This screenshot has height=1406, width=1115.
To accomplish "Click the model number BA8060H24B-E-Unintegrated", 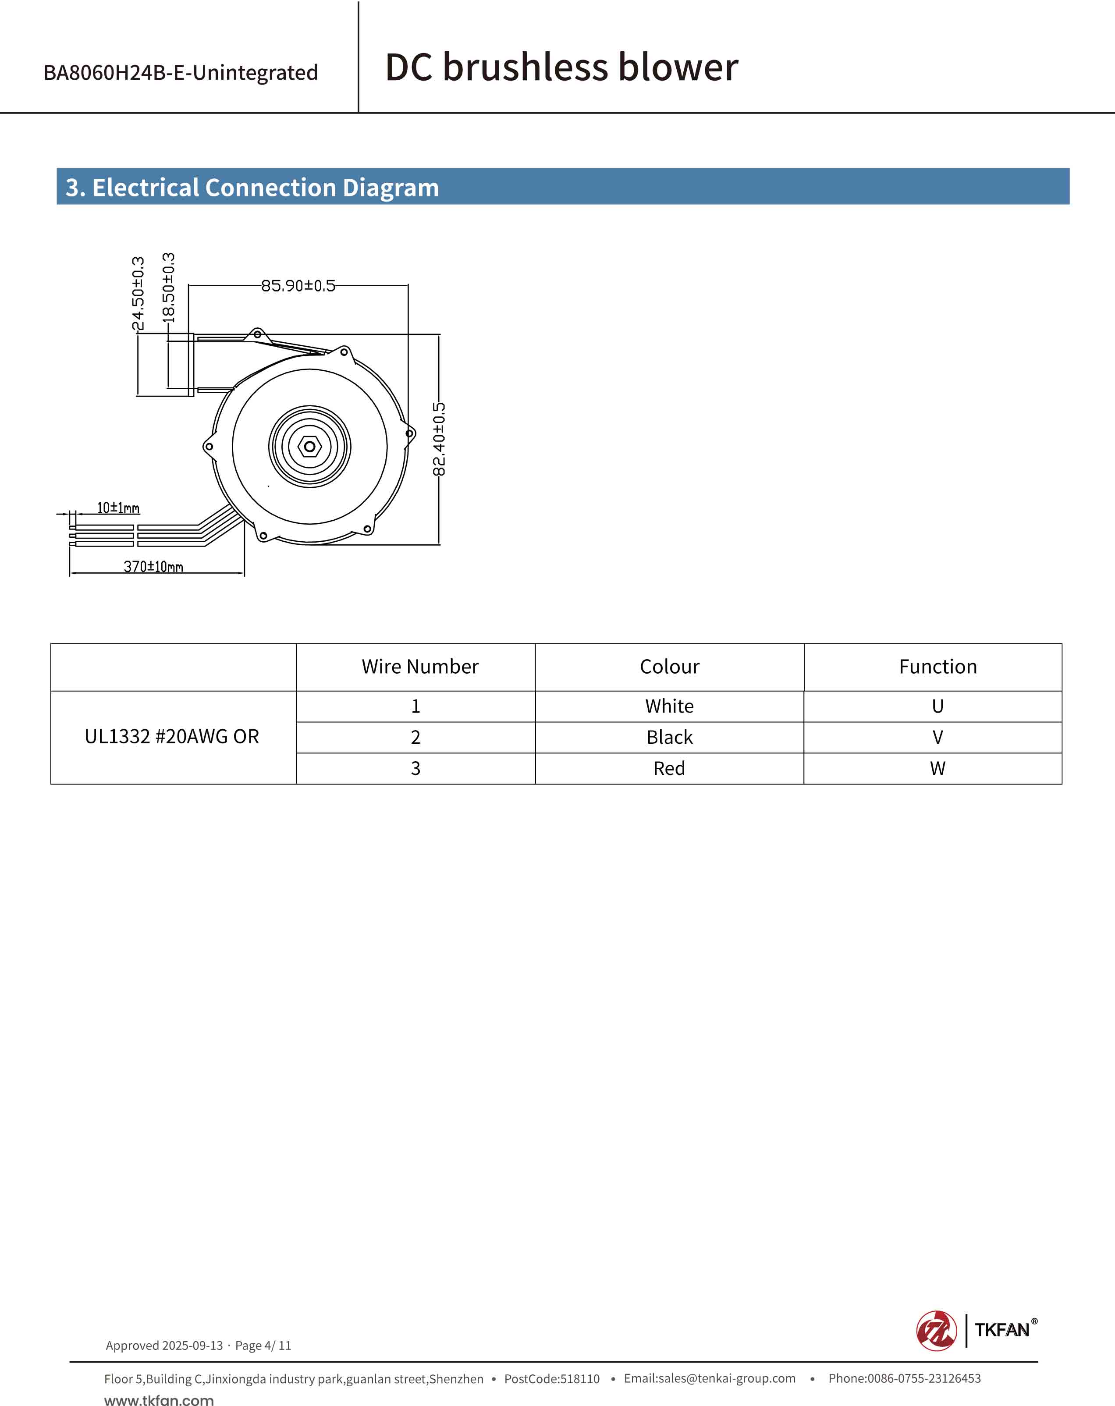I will click(181, 72).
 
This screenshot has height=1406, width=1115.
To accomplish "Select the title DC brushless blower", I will click(561, 67).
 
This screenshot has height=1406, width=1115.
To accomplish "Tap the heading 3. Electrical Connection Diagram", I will click(252, 188).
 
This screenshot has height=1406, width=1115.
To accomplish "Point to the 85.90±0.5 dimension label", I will click(298, 286).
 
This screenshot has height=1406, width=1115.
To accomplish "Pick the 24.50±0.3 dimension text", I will click(138, 294).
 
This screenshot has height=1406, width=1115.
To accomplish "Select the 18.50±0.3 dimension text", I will click(168, 288).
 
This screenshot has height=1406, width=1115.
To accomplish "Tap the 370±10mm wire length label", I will click(153, 566).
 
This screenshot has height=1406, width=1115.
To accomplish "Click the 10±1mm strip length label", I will click(118, 508).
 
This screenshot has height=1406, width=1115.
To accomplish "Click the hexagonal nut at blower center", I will click(310, 447).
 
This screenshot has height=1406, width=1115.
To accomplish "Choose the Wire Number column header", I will click(420, 667).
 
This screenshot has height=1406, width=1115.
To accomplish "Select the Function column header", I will click(937, 667).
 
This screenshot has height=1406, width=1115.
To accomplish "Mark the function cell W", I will click(937, 769).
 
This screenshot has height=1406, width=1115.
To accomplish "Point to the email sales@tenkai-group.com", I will click(710, 1378).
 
